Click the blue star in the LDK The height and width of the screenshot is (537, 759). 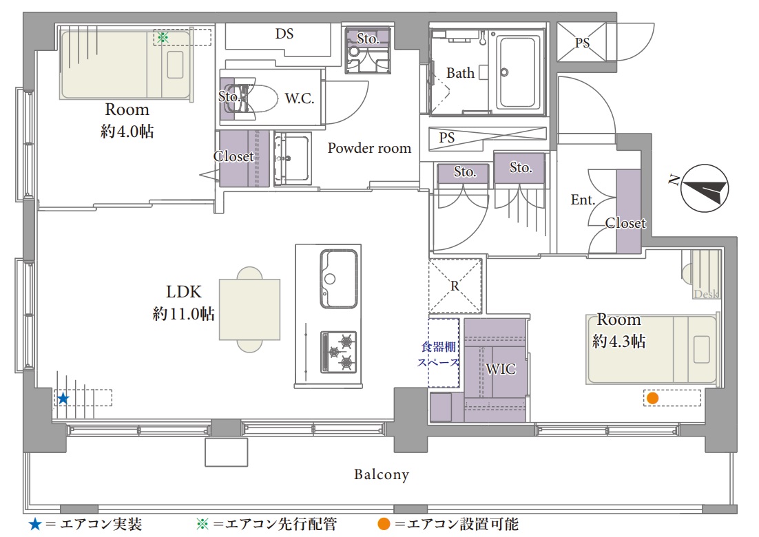pos(63,399)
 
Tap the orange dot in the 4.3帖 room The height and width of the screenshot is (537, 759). pos(652,398)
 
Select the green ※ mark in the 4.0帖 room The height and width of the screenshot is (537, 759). pos(163,37)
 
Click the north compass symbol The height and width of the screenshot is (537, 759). pos(705,188)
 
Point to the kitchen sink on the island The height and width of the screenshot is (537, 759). pos(339,279)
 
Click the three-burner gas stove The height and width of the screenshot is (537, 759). pos(339,352)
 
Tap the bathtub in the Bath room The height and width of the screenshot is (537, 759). pos(517,72)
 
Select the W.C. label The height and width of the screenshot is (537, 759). pos(300,98)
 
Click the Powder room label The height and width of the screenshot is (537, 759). pos(369,148)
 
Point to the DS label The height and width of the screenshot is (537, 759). pos(284,33)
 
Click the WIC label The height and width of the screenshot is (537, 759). pos(501,369)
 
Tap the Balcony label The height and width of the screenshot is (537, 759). pos(382,474)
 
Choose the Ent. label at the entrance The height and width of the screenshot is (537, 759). pos(583,200)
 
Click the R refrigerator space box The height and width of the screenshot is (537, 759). pos(455,286)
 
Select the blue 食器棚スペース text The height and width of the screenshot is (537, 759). pos(438,354)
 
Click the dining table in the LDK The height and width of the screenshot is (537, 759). pos(250,309)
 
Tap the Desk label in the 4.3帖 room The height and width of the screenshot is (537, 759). pos(706,294)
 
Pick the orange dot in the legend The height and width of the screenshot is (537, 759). pos(384,524)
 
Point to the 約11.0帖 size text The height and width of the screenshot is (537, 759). pos(183,313)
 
